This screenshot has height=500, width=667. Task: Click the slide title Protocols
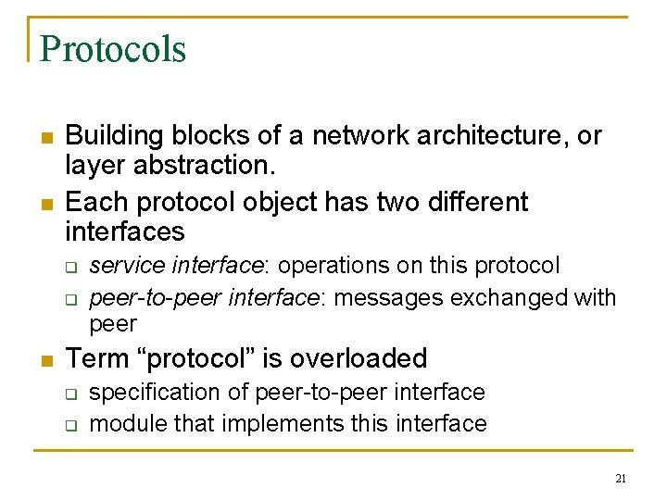pyautogui.click(x=113, y=49)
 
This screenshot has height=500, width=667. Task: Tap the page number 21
pyautogui.click(x=621, y=479)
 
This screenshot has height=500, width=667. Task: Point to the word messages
pyautogui.click(x=401, y=298)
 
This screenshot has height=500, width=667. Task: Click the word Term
pyautogui.click(x=95, y=358)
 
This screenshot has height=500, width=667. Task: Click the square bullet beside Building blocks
pyautogui.click(x=45, y=138)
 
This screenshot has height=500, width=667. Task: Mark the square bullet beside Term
pyautogui.click(x=45, y=360)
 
